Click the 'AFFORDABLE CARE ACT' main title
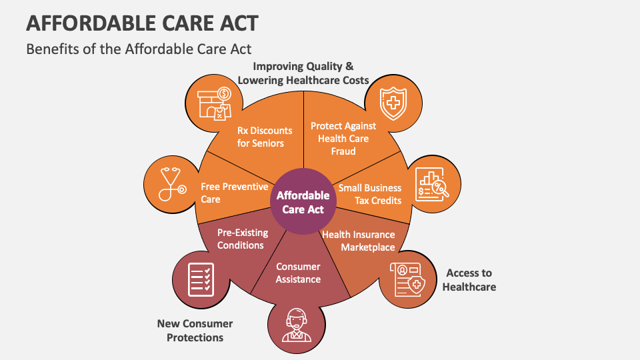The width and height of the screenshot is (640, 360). pyautogui.click(x=142, y=23)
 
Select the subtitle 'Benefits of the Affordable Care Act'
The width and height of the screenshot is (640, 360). pyautogui.click(x=139, y=49)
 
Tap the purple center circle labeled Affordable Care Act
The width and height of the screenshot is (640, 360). pyautogui.click(x=303, y=201)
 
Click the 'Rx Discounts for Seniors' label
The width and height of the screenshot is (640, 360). pyautogui.click(x=265, y=137)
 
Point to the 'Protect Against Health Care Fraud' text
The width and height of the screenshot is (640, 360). pyautogui.click(x=343, y=139)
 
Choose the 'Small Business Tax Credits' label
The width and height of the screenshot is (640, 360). pyautogui.click(x=370, y=194)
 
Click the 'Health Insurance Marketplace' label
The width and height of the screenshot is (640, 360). pyautogui.click(x=359, y=241)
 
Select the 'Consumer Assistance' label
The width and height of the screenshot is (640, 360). pyautogui.click(x=298, y=273)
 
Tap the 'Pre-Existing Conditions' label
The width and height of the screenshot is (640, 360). pyautogui.click(x=243, y=239)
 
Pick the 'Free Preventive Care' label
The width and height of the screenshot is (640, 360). pyautogui.click(x=234, y=193)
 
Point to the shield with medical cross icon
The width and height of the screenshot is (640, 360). pyautogui.click(x=393, y=104)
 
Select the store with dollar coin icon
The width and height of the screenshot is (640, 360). pyautogui.click(x=215, y=104)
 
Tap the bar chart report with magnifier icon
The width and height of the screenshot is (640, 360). pyautogui.click(x=432, y=185)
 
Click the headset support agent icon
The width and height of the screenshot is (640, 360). pyautogui.click(x=296, y=325)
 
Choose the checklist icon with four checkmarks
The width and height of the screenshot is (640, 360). pyautogui.click(x=201, y=279)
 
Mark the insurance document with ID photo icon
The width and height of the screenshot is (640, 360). pyautogui.click(x=407, y=279)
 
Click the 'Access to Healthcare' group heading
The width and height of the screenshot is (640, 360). pyautogui.click(x=469, y=280)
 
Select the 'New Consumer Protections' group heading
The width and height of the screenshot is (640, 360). pyautogui.click(x=195, y=331)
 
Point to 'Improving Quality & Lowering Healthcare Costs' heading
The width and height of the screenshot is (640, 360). pyautogui.click(x=303, y=73)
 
